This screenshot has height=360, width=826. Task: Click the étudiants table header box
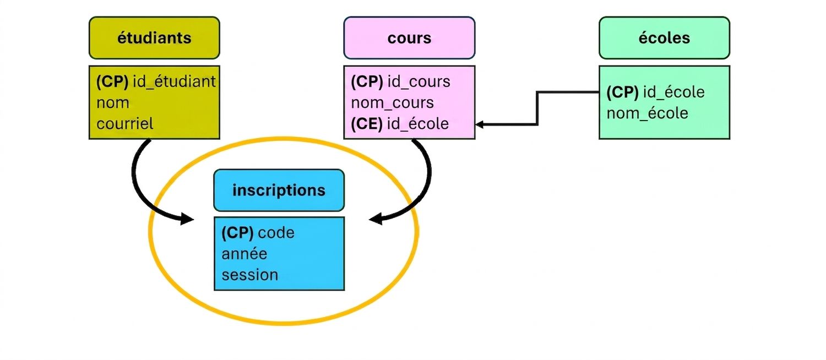(154, 37)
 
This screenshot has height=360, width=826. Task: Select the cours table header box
(409, 37)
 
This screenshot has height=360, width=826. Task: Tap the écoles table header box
(664, 37)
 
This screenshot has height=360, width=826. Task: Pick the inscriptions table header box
(279, 190)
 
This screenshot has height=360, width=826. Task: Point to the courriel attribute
(124, 124)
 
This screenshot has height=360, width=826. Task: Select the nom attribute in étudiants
(113, 103)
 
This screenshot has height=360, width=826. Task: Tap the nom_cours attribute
(392, 103)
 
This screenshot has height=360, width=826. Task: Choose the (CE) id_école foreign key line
(400, 124)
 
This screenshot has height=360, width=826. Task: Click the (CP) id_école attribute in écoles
(655, 92)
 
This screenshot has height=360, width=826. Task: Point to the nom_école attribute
(647, 113)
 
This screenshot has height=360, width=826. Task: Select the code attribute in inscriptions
(276, 233)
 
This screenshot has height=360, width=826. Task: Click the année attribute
(244, 254)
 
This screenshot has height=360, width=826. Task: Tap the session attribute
(249, 275)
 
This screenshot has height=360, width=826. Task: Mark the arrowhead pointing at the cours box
(479, 124)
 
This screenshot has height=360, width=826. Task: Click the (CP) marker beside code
(237, 233)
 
